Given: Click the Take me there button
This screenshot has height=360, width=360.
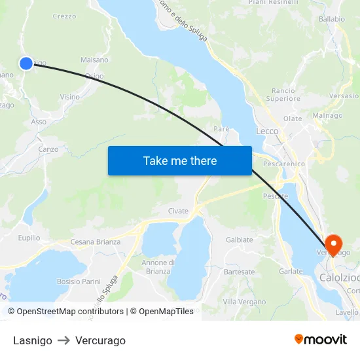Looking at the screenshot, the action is click(180, 160).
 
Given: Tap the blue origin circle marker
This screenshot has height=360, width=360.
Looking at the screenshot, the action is click(26, 63).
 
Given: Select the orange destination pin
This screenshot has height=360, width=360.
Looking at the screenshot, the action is click(333, 245).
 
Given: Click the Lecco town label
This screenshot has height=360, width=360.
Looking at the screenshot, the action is click(267, 131).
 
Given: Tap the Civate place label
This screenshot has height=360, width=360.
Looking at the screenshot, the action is click(178, 211).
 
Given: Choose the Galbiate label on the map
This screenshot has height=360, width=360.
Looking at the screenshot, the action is click(239, 240).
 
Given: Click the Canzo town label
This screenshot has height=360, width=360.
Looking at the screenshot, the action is click(48, 149).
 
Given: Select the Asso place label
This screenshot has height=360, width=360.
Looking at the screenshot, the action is click(39, 122).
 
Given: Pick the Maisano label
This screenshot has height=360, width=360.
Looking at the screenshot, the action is click(94, 60).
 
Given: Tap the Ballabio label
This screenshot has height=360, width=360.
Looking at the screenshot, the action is click(332, 19).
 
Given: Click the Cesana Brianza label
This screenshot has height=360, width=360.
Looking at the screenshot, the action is click(96, 242).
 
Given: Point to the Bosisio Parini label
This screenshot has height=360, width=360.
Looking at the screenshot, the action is click(79, 281).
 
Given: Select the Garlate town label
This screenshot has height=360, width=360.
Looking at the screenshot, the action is click(291, 271).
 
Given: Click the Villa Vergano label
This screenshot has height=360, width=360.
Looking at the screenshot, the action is click(244, 301).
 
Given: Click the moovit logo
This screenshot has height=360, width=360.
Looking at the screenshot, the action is click(321, 340).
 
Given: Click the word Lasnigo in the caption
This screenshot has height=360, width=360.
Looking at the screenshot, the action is click(32, 340).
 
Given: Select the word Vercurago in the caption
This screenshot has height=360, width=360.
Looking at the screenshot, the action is click(100, 340).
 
